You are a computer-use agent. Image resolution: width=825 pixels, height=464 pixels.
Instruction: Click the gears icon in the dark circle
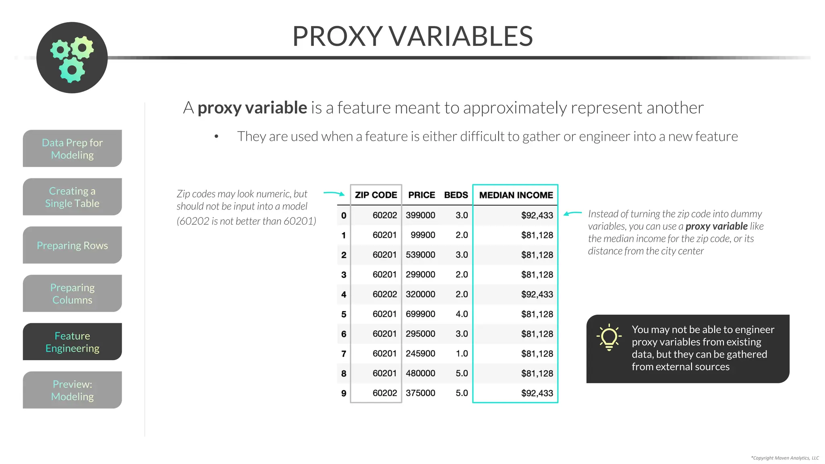coord(72,58)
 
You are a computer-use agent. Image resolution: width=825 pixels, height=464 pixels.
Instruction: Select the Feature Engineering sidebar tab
coord(73,342)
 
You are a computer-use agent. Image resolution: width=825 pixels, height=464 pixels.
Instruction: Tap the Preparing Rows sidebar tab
coord(73,245)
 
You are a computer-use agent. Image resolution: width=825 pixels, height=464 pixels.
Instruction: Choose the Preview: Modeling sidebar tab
coord(73,390)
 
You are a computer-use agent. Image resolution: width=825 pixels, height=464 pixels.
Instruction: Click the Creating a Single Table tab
coord(73,197)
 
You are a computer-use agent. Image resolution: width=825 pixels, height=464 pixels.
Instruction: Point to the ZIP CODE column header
coord(376,195)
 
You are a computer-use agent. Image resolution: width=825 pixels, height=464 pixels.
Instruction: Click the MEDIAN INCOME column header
coord(516,195)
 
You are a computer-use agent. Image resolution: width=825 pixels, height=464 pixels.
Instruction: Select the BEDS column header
coord(456,195)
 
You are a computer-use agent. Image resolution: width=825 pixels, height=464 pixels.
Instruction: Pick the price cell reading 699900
coord(420,314)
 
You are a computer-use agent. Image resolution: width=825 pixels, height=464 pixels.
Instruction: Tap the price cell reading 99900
coord(423,235)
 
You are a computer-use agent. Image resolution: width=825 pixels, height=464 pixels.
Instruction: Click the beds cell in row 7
coord(462,354)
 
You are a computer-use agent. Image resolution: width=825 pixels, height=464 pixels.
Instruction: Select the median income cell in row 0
coord(537,215)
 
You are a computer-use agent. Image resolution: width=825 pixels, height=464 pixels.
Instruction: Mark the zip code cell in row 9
coord(385,393)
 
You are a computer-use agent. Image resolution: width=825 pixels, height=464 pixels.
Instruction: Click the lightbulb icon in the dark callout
coord(609,337)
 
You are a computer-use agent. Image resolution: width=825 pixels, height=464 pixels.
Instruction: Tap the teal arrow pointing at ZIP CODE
coord(334,194)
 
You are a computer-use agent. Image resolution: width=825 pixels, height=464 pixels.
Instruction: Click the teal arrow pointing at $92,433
coord(572,213)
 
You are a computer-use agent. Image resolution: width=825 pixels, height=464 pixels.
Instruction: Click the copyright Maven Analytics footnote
coord(785,458)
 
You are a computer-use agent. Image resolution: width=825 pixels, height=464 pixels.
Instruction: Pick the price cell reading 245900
coord(420,354)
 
